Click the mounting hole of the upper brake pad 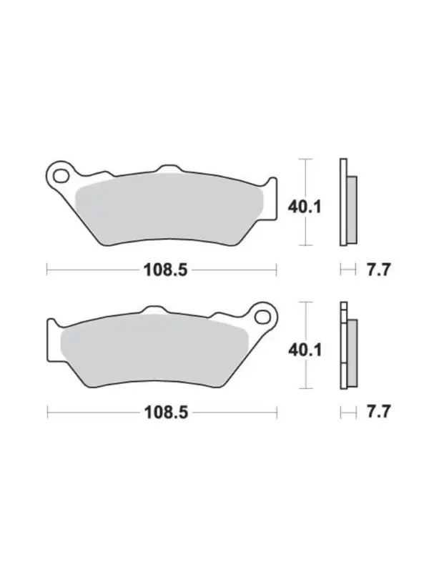point(61,176)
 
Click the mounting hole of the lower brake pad point(262,317)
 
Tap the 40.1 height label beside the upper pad point(305,207)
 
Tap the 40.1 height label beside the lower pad point(305,350)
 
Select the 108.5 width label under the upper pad point(166,270)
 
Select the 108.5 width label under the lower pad point(167,413)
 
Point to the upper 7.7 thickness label point(378,270)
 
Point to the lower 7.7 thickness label point(378,412)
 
